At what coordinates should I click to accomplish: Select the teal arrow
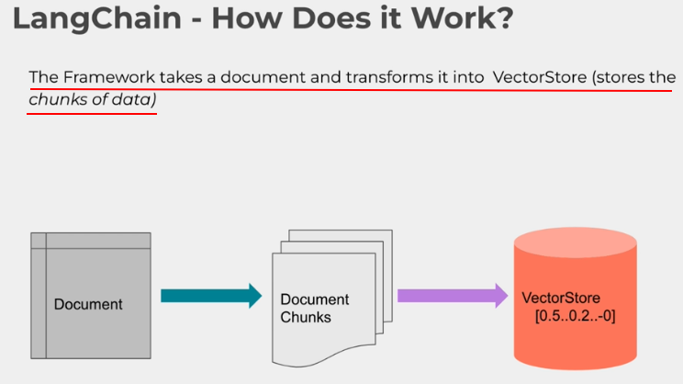coord(210,295)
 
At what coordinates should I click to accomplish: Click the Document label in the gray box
coord(88,304)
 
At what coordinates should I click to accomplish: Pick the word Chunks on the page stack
coord(306,317)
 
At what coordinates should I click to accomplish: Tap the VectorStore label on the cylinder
coord(560,299)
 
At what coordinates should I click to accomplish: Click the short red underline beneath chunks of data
coord(92,114)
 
